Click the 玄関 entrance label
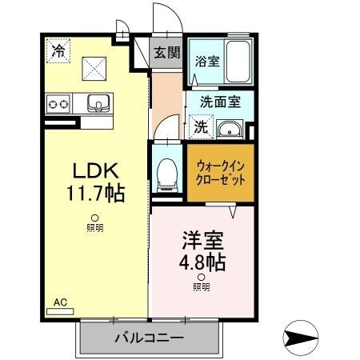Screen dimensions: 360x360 166,54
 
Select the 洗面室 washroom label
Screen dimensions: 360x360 221,102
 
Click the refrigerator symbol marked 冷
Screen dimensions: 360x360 58,50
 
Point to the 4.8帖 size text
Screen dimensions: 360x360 201,262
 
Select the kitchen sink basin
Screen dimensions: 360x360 99,102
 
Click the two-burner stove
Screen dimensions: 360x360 58,103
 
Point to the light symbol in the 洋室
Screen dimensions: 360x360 201,277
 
